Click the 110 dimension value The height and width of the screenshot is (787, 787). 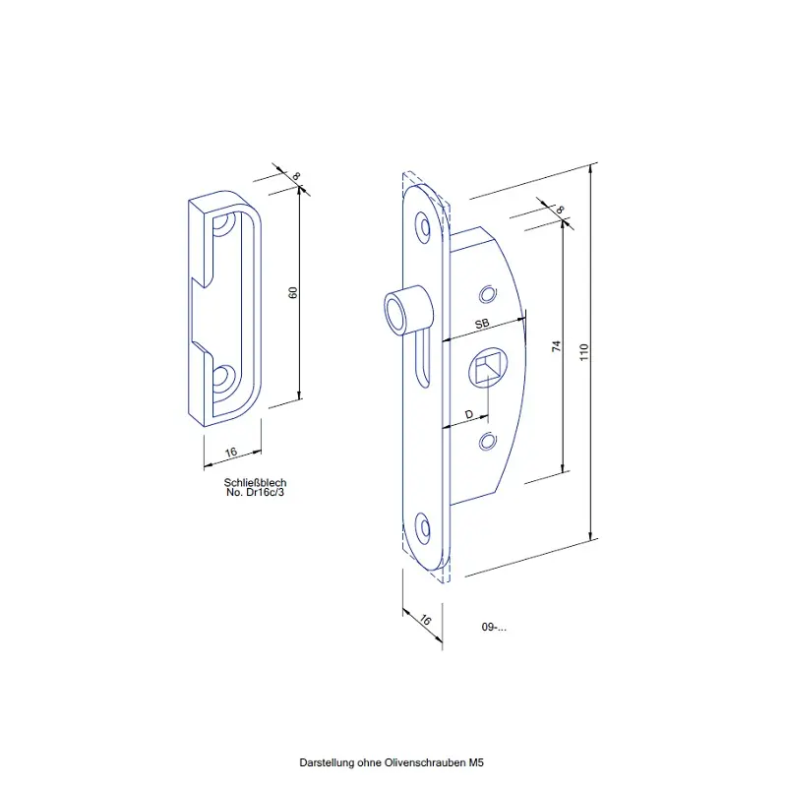[x=583, y=352]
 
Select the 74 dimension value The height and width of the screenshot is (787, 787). [x=556, y=346]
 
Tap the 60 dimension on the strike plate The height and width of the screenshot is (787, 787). [x=293, y=292]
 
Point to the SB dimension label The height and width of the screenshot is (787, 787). [x=482, y=324]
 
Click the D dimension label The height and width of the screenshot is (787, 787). [x=469, y=414]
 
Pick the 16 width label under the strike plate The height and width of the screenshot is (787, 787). [x=231, y=453]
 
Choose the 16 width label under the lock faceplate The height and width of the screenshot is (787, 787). [x=425, y=620]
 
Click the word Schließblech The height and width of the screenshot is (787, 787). [x=255, y=482]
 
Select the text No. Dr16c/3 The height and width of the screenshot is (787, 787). [x=255, y=493]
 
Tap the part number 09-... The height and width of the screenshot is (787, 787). [x=494, y=627]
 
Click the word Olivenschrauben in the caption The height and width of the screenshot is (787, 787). [x=425, y=763]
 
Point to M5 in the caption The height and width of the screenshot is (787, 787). [x=476, y=763]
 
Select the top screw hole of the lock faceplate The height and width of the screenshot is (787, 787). [x=425, y=229]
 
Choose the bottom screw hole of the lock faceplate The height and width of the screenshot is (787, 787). [x=425, y=528]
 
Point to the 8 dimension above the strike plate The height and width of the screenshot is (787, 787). [x=296, y=176]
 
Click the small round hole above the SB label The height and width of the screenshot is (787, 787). [x=487, y=294]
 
